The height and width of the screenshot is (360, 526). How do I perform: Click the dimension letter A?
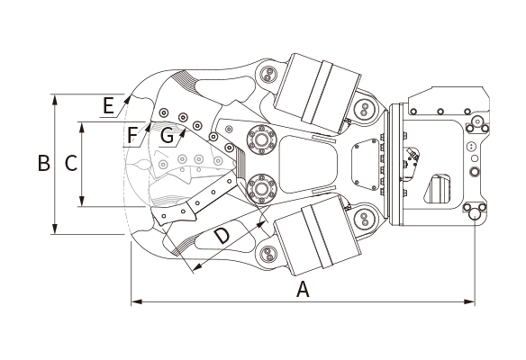tap(303, 290)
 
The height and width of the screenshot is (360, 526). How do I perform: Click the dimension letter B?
tap(44, 163)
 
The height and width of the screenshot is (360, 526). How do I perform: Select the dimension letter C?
tap(71, 163)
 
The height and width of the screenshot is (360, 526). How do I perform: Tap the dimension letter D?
tap(222, 236)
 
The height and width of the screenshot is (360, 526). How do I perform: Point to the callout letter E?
tap(108, 106)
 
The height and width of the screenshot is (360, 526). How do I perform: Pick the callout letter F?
tap(132, 135)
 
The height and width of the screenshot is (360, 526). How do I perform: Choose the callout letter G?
tap(167, 136)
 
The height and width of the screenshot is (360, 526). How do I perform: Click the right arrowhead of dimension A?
tap(469, 302)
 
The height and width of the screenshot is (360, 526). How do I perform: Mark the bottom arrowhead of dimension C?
tap(82, 201)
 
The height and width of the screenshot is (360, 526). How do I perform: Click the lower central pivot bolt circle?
tap(262, 189)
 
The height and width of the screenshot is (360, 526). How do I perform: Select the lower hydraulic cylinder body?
tap(317, 236)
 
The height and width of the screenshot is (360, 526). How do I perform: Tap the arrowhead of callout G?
tap(183, 133)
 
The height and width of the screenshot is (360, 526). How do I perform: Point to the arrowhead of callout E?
tap(127, 99)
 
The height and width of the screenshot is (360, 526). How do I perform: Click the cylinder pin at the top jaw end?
tap(268, 75)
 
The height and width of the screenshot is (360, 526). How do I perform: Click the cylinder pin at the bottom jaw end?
tap(268, 254)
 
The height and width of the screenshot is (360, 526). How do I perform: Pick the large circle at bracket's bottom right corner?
tap(475, 213)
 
